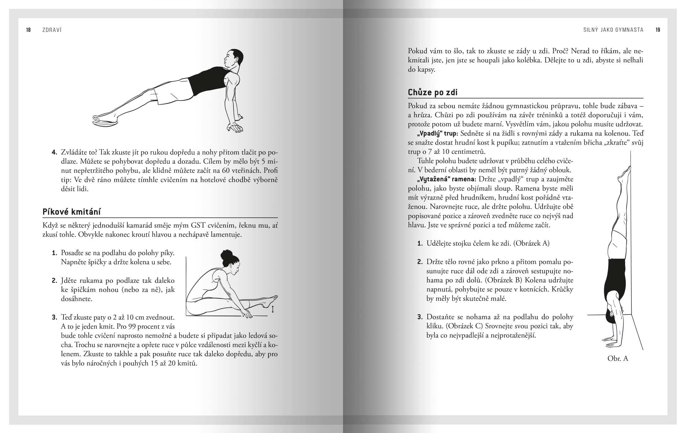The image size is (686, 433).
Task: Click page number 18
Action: tap(28, 30)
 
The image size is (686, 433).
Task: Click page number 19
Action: tap(657, 30)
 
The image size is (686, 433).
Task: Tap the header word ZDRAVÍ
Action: tap(52, 30)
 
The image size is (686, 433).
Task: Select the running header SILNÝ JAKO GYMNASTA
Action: tap(613, 30)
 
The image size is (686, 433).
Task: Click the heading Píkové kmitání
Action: tap(71, 212)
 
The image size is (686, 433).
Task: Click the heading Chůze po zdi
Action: tap(432, 92)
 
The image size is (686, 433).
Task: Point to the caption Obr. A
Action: tap(617, 358)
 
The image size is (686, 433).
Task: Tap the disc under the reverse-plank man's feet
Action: tap(105, 123)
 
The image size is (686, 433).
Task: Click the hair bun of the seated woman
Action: tap(226, 255)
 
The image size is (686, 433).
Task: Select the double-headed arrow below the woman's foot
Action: tap(273, 309)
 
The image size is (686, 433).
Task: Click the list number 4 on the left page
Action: tap(54, 152)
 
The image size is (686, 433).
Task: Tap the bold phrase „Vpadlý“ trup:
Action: tap(437, 133)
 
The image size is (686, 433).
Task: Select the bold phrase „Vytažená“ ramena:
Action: tap(446, 179)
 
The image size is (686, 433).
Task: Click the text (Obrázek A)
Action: tap(531, 243)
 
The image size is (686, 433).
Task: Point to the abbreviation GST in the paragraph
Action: tap(198, 225)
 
